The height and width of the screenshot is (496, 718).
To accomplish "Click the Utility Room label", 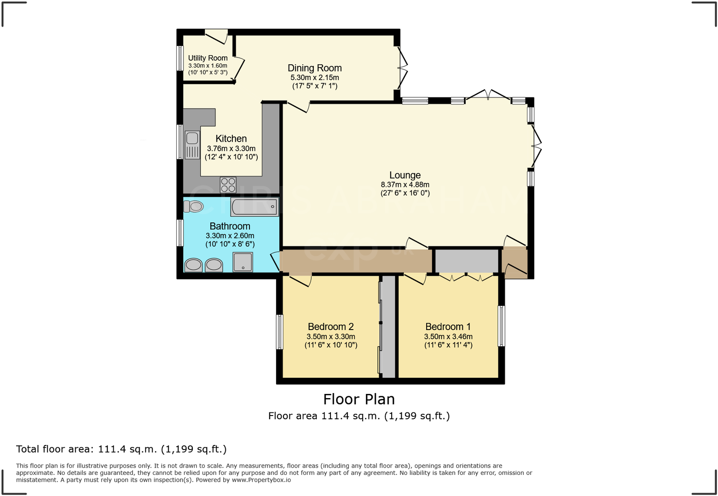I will point(208,58).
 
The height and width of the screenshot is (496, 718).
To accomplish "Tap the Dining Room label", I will point(315,68).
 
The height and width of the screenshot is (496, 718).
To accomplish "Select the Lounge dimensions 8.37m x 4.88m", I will point(405,185).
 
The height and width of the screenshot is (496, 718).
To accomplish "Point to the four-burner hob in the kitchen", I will point(228,185).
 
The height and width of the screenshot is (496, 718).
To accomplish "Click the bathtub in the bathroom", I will point(255,207).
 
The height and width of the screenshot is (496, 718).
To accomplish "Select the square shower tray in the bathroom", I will point(243,262).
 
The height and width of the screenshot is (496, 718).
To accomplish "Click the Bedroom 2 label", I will point(330,327).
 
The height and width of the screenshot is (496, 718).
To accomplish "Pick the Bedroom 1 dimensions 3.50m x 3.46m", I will point(448,336).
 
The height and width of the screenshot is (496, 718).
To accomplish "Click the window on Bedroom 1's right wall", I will point(501,326).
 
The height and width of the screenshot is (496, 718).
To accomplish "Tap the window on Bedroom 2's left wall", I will point(279,331).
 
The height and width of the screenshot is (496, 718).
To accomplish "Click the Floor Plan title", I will point(359,399).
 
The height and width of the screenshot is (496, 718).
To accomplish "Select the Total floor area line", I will point(122,449).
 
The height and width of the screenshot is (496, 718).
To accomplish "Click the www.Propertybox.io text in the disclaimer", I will point(261,480).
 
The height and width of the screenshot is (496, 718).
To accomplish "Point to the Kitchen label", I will point(231,138).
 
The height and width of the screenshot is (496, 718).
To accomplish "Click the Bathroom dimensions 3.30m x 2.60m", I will point(230,235).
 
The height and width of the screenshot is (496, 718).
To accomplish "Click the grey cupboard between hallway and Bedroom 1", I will point(467,261).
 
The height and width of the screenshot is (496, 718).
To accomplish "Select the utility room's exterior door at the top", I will point(216,35).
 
